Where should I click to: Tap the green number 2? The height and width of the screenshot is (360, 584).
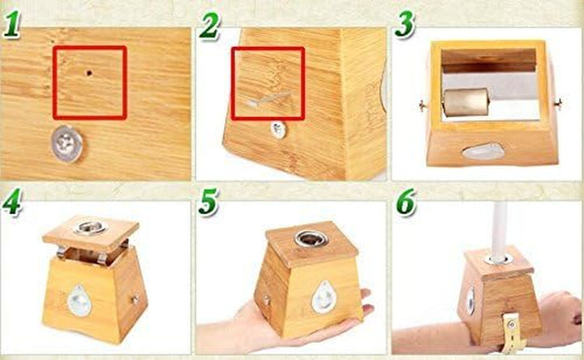(210, 26)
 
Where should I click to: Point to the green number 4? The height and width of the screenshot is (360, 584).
(11, 202)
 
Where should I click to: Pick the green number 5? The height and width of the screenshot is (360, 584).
(209, 203)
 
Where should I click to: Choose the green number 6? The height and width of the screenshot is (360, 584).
(406, 202)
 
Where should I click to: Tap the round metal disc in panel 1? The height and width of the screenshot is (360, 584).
(67, 144)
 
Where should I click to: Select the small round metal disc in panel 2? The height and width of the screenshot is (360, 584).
(278, 129)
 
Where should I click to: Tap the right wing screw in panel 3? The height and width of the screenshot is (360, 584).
(557, 103)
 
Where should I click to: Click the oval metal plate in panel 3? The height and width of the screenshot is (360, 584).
(483, 151)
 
